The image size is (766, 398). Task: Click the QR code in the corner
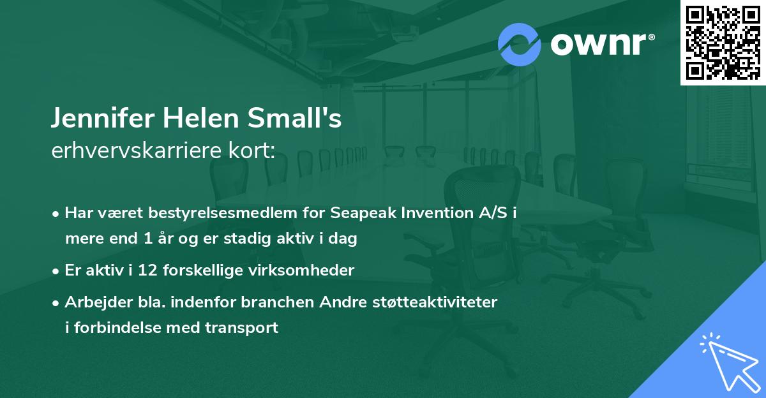pos(723,42)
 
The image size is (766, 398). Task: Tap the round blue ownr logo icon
pos(519,44)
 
